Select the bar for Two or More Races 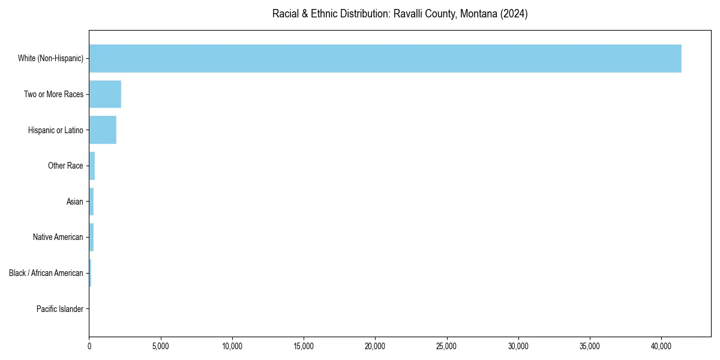tap(105, 94)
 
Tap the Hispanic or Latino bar tap(103, 130)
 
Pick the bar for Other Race tap(92, 166)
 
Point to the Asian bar tap(91, 202)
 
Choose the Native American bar tap(91, 237)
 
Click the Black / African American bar tap(90, 273)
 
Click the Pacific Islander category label tap(60, 309)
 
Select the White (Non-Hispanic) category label tap(50, 59)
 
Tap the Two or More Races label tap(53, 94)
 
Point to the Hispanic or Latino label tap(55, 130)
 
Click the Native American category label tap(58, 238)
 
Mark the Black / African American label tap(46, 273)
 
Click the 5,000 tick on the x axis tap(161, 346)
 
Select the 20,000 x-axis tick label tap(375, 346)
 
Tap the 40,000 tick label tap(661, 346)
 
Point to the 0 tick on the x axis tap(89, 346)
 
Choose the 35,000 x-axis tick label tap(590, 346)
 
